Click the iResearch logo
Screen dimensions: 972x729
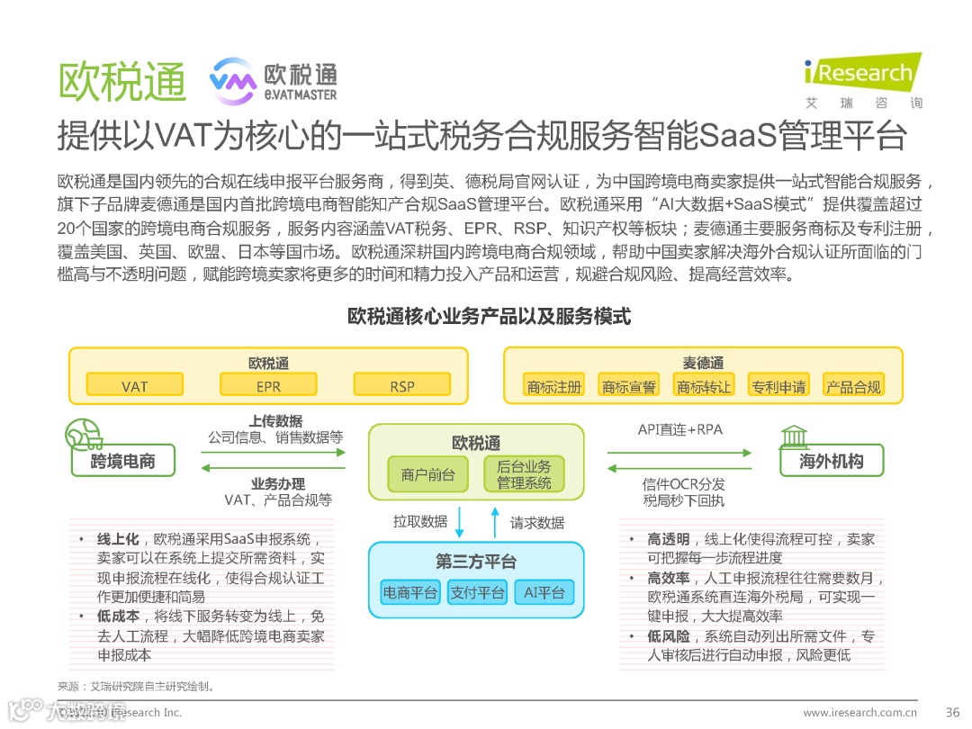[859, 72]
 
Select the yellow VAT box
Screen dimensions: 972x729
[135, 386]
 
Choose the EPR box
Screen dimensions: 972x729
[268, 386]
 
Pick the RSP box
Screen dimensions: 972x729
[402, 386]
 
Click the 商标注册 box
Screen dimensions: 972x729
[554, 386]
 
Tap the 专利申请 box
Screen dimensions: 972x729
[778, 386]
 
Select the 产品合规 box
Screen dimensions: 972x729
[853, 386]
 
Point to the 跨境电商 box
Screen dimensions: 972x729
[123, 462]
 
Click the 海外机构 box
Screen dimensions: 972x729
[832, 462]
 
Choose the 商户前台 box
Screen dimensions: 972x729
[428, 474]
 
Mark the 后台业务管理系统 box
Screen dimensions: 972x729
[524, 474]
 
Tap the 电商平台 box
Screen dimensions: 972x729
[410, 591]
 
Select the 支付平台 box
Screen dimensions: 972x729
[477, 591]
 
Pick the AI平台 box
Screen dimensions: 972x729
[544, 591]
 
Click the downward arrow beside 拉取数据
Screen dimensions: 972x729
[461, 521]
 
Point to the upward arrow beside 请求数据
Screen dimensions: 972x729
[494, 521]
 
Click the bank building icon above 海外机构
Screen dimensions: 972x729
[793, 436]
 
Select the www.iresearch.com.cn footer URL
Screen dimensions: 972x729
[859, 712]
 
